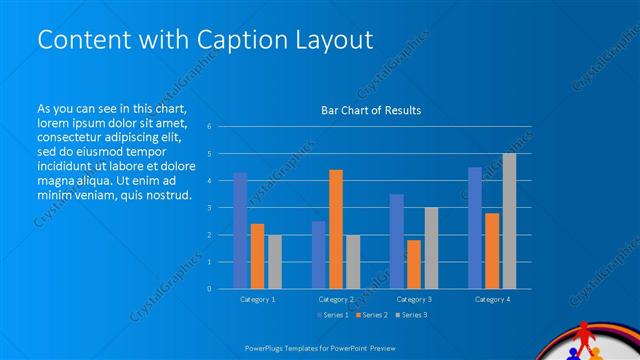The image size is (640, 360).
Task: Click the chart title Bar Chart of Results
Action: coord(370,110)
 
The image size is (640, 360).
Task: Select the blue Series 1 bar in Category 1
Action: coord(240,230)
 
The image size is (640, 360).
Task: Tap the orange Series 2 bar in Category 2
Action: coord(335,229)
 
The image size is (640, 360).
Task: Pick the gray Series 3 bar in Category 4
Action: coord(509,221)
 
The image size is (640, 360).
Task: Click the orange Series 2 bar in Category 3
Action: coord(413,264)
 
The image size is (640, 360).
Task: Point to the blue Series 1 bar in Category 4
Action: coord(474,228)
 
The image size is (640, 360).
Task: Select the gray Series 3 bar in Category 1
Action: coord(274,261)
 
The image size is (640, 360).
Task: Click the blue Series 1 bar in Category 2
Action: coord(318,255)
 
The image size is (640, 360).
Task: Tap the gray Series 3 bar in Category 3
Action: coord(430,248)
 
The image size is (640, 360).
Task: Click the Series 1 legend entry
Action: coord(332,316)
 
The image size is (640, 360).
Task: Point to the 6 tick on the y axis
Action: coord(209,127)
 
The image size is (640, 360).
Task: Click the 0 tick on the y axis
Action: coord(209,289)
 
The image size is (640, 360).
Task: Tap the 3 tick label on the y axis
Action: coord(209,208)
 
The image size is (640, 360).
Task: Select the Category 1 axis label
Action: coord(257,299)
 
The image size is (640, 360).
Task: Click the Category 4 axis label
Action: coord(491,299)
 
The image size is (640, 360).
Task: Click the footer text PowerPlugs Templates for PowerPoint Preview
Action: coord(319,349)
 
